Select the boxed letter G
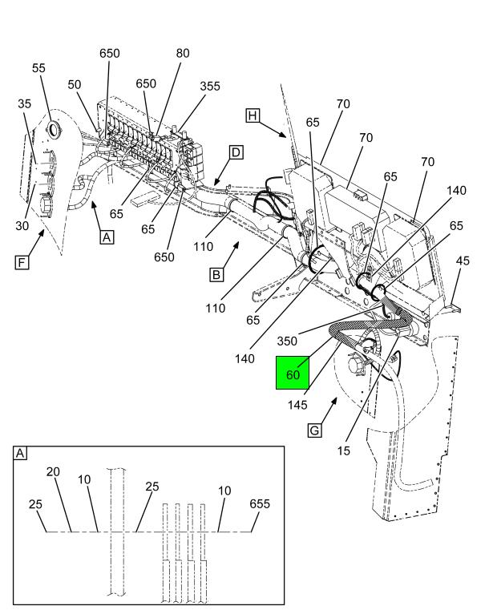click(x=316, y=430)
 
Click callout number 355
click(x=210, y=86)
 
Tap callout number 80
click(x=182, y=55)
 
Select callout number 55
click(x=38, y=69)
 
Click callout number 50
click(x=74, y=84)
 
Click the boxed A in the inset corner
click(x=20, y=454)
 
